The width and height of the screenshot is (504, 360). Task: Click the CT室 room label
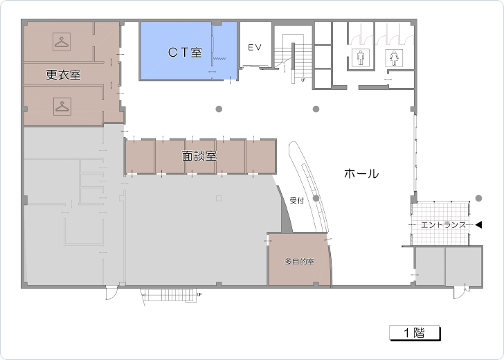coord(185,52)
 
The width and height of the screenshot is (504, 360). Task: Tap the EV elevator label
coord(255,48)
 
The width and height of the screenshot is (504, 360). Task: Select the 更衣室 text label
coord(63,75)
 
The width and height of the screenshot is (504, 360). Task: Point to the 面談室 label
coord(199,156)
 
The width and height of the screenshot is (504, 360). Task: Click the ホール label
coord(361,174)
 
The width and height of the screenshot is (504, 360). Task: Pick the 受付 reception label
coord(297,201)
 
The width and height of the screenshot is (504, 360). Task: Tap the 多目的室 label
coord(299,262)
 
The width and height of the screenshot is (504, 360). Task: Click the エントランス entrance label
coord(443,225)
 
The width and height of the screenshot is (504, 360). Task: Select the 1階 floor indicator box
coord(415,333)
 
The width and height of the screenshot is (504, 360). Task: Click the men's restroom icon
coord(360,58)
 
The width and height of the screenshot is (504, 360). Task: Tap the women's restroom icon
coord(394,58)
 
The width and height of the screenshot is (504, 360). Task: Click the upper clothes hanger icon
coord(62,42)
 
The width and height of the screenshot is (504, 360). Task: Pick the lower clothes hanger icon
coord(62,106)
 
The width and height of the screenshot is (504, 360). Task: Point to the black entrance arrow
coord(478,225)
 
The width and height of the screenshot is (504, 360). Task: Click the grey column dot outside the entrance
coord(478,198)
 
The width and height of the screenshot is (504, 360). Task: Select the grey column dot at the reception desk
coord(316,198)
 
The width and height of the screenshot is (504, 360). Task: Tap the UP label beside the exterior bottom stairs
coord(199,294)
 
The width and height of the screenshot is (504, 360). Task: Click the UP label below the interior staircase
coord(303,80)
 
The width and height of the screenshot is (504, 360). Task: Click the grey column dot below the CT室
coord(219,109)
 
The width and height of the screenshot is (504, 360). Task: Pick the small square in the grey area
coord(219,198)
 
